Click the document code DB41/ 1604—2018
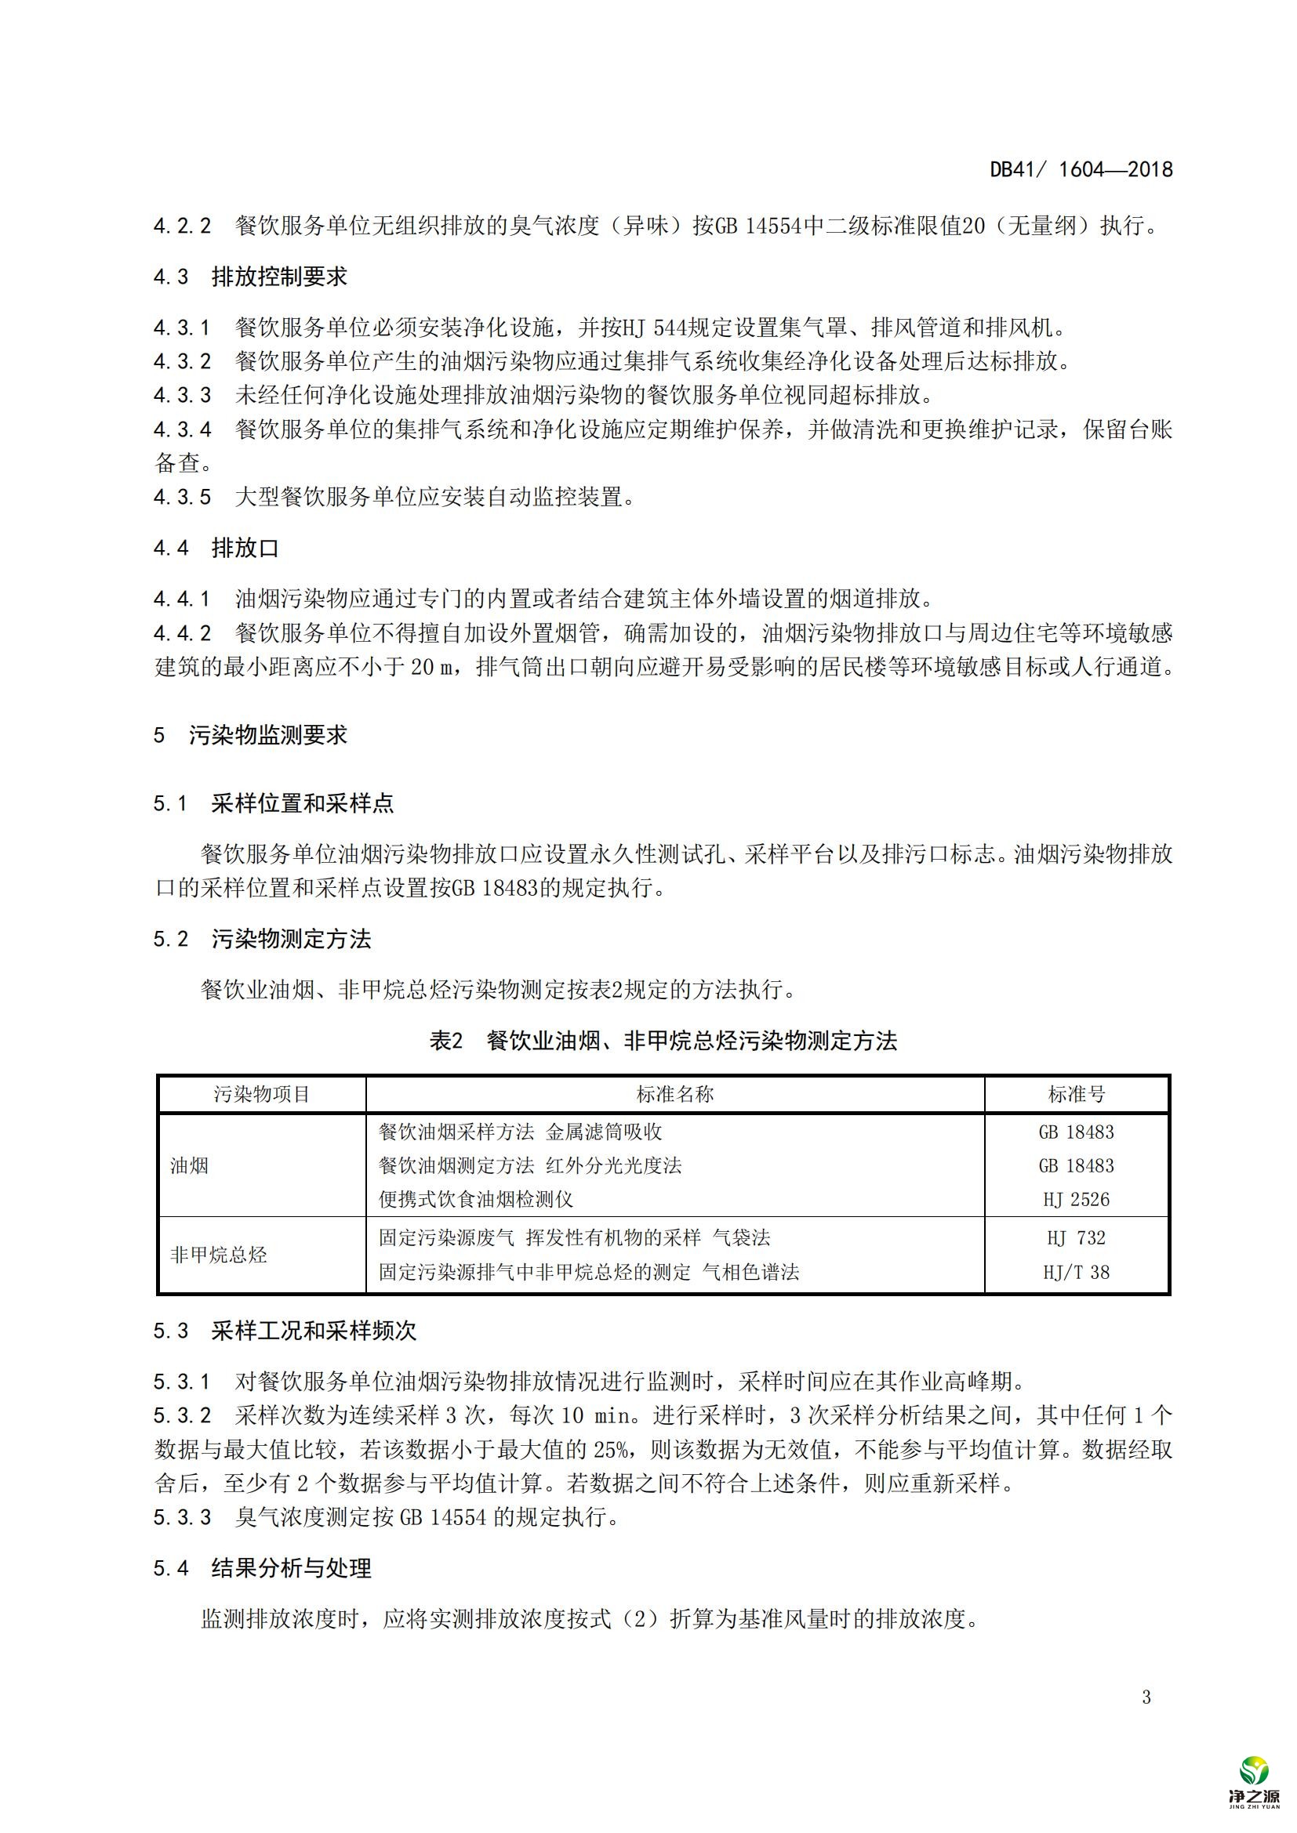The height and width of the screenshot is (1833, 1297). pyautogui.click(x=1081, y=169)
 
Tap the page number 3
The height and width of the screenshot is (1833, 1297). pyautogui.click(x=1146, y=1697)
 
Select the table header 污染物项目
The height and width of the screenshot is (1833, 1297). pyautogui.click(x=262, y=1094)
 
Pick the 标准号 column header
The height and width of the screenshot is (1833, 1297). pyautogui.click(x=1077, y=1094)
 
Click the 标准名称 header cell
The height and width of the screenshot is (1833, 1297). pyautogui.click(x=675, y=1094)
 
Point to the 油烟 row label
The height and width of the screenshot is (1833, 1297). pyautogui.click(x=189, y=1165)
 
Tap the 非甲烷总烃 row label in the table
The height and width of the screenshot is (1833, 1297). pyautogui.click(x=218, y=1255)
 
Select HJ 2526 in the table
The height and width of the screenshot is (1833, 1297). pyautogui.click(x=1077, y=1199)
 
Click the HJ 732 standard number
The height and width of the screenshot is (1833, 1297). pyautogui.click(x=1077, y=1238)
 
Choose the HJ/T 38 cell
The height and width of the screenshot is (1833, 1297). pyautogui.click(x=1077, y=1272)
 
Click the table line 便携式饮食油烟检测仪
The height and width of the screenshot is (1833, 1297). pyautogui.click(x=475, y=1199)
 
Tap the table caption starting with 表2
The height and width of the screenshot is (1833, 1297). pyautogui.click(x=663, y=1041)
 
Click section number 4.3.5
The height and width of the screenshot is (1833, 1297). pyautogui.click(x=182, y=498)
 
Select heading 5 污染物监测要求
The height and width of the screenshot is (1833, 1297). pyautogui.click(x=250, y=735)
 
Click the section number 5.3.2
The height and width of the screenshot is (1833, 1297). pyautogui.click(x=182, y=1415)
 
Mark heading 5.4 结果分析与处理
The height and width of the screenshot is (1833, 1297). pyautogui.click(x=262, y=1569)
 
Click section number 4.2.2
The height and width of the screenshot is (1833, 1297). pyautogui.click(x=182, y=226)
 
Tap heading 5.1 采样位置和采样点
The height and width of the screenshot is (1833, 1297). pyautogui.click(x=273, y=804)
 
